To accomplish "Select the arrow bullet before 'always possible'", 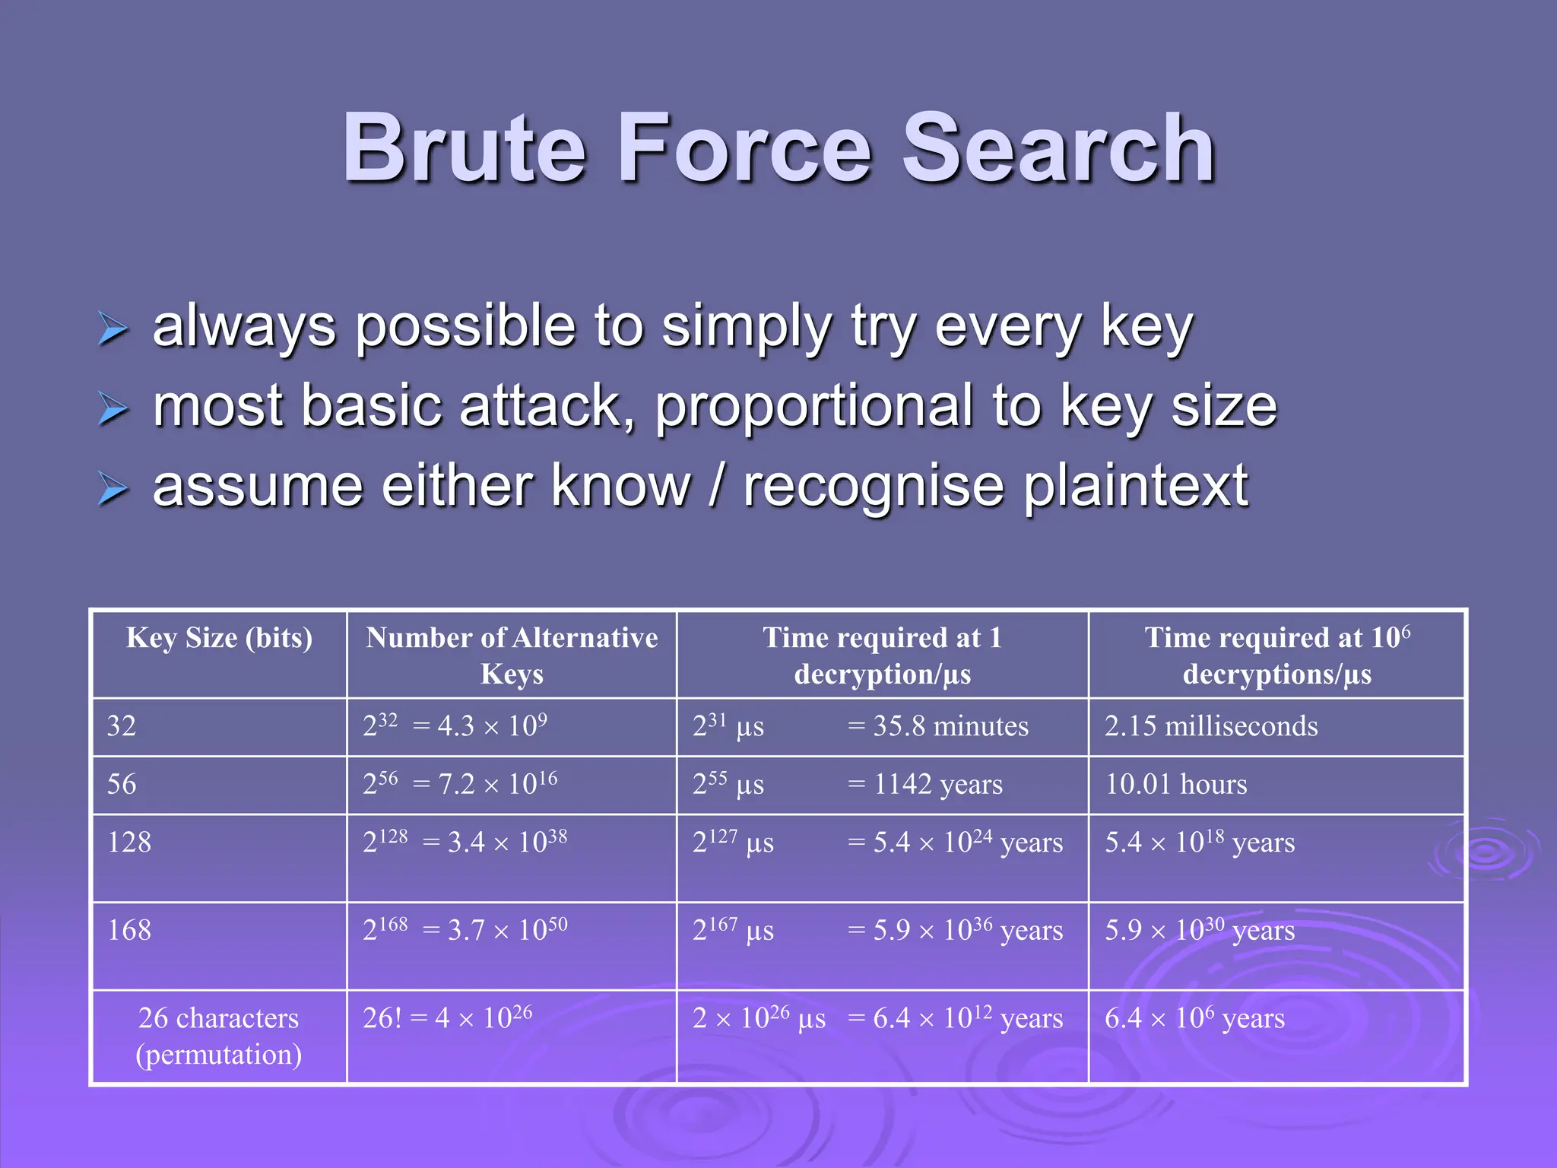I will click(x=113, y=328).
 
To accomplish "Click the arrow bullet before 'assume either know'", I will click(x=113, y=489).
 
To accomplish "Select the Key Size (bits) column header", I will click(x=219, y=638).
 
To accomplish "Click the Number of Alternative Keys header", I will click(x=512, y=655).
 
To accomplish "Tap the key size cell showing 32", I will click(x=122, y=726).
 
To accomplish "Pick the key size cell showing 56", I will click(x=122, y=785).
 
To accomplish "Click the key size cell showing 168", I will click(x=129, y=931).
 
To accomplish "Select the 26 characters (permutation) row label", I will click(x=219, y=1036).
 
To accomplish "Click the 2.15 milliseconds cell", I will click(x=1210, y=726).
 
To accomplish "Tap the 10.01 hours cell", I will click(x=1175, y=785).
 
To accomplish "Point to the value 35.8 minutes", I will click(x=950, y=726).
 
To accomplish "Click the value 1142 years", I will click(x=937, y=785).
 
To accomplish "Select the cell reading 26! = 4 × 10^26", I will click(x=447, y=1018).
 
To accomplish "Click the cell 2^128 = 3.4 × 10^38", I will click(x=465, y=843).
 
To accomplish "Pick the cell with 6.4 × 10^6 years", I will click(x=1194, y=1018).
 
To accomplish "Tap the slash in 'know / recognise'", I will click(x=716, y=487).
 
